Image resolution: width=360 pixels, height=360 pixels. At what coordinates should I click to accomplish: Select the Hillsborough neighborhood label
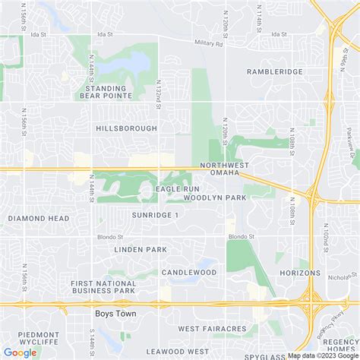[126, 129]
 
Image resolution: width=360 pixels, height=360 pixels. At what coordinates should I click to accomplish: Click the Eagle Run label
[177, 188]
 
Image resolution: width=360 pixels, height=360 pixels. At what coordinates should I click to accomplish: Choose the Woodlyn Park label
[215, 197]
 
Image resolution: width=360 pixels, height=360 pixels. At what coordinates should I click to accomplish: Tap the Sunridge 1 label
[155, 215]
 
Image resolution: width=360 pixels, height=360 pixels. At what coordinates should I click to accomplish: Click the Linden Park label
[140, 249]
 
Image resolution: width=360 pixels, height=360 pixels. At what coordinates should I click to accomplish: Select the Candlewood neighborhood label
[189, 272]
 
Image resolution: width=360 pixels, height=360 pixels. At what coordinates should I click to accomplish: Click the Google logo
[20, 352]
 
